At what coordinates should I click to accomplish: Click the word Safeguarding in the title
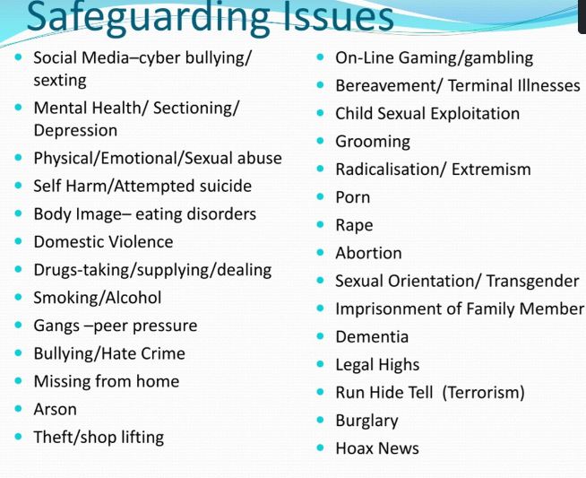point(148,17)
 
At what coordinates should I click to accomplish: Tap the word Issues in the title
point(338,16)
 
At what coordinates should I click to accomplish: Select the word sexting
point(60,81)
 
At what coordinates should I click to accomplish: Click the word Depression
point(75,131)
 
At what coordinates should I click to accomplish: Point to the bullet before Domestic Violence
point(18,241)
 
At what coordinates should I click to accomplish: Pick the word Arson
point(56,409)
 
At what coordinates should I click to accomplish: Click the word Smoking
point(65,298)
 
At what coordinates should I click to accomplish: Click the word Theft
point(51,438)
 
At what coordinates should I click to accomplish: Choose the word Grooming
point(373,142)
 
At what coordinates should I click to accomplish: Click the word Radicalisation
point(388,169)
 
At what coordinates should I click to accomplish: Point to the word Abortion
point(368,253)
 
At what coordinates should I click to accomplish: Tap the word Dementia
point(372,337)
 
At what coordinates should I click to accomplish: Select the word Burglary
point(366,422)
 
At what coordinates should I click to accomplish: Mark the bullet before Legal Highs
point(320,364)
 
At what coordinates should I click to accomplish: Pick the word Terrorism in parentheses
point(483,393)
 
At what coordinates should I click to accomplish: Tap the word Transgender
point(532,282)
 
